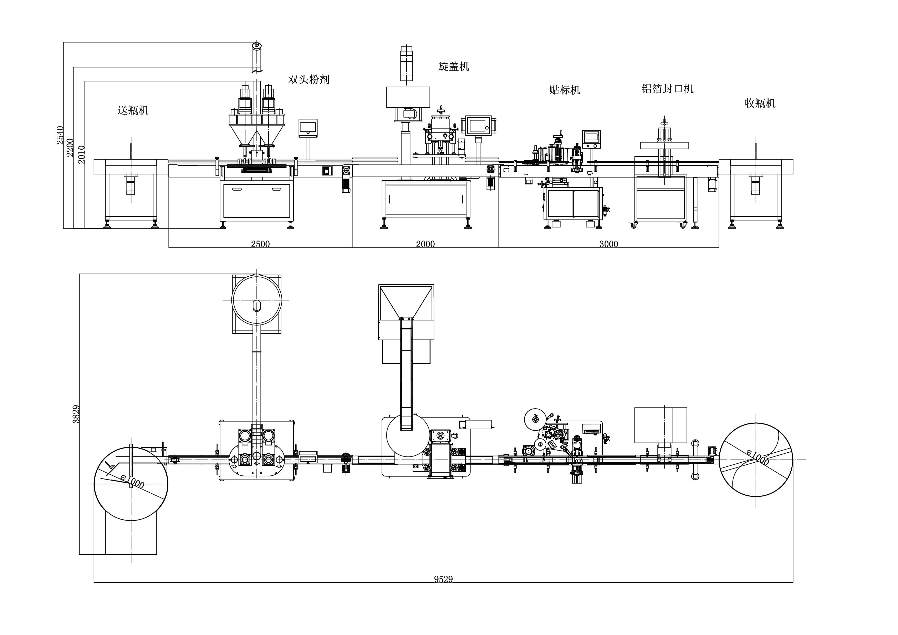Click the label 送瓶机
pyautogui.click(x=133, y=110)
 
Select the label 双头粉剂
pyautogui.click(x=309, y=79)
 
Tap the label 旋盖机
pyautogui.click(x=453, y=67)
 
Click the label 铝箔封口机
pyautogui.click(x=667, y=89)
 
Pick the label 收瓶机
pyautogui.click(x=760, y=103)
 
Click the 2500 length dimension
pyautogui.click(x=260, y=244)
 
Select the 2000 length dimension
pyautogui.click(x=425, y=244)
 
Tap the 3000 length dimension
pyautogui.click(x=609, y=244)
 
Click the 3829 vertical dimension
pyautogui.click(x=76, y=414)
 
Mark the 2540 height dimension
pyautogui.click(x=60, y=135)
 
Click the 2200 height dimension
pyautogui.click(x=70, y=147)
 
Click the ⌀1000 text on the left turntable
pyautogui.click(x=133, y=482)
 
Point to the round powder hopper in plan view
pyautogui.click(x=257, y=300)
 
